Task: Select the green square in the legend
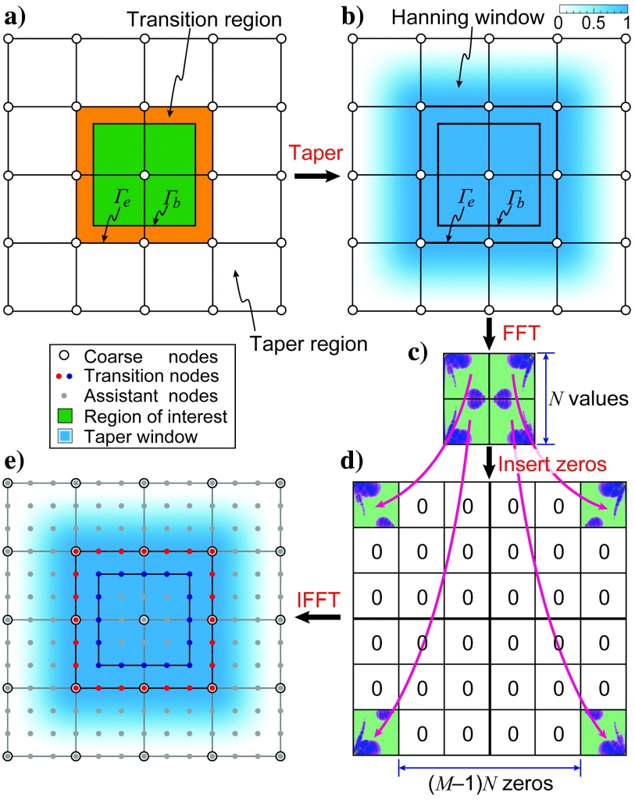coord(55,416)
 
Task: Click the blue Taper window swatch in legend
coord(55,436)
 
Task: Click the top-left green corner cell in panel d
coord(376,505)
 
